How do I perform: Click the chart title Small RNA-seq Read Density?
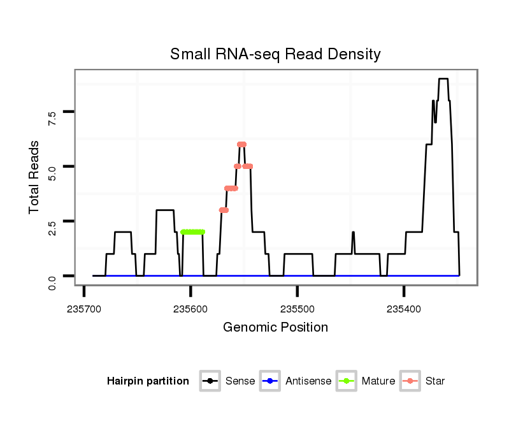pyautogui.click(x=275, y=54)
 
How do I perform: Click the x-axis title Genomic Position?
pyautogui.click(x=275, y=328)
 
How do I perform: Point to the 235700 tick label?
pyautogui.click(x=84, y=309)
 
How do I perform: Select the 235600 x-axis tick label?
pyautogui.click(x=190, y=309)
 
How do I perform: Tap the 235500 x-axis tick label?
pyautogui.click(x=297, y=309)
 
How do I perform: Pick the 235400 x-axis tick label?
pyautogui.click(x=404, y=309)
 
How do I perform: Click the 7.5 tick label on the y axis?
pyautogui.click(x=53, y=118)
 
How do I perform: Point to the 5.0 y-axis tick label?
pyautogui.click(x=53, y=173)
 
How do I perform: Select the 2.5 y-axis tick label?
pyautogui.click(x=53, y=228)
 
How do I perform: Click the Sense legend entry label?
pyautogui.click(x=240, y=381)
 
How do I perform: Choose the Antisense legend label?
pyautogui.click(x=308, y=381)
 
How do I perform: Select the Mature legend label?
pyautogui.click(x=378, y=381)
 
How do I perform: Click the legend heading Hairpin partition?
pyautogui.click(x=148, y=381)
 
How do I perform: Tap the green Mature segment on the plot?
pyautogui.click(x=192, y=232)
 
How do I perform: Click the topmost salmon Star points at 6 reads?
pyautogui.click(x=241, y=145)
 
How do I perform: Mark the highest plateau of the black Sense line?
pyautogui.click(x=443, y=79)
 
